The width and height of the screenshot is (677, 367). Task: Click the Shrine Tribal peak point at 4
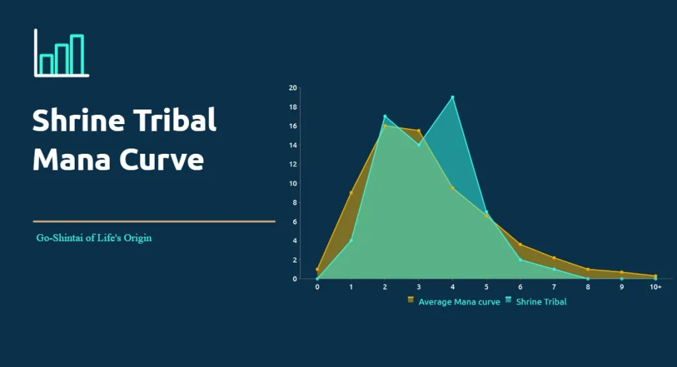(452, 98)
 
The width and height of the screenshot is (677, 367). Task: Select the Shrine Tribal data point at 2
(385, 117)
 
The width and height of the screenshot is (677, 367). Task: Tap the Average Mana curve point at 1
(351, 193)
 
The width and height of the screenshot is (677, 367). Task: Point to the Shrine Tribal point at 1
(351, 240)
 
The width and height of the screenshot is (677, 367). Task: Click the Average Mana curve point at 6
(520, 244)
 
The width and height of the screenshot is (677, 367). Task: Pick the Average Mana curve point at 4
(452, 188)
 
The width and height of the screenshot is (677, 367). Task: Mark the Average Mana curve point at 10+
(655, 276)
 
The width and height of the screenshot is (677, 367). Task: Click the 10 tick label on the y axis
(292, 183)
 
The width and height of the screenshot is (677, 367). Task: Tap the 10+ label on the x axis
(655, 287)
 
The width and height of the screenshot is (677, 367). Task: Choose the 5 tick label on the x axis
(487, 287)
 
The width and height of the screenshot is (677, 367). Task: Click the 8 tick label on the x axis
(588, 287)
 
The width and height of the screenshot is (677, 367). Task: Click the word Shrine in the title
(75, 121)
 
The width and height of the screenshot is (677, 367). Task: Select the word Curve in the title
(162, 159)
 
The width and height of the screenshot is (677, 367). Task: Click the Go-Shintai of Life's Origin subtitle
(94, 238)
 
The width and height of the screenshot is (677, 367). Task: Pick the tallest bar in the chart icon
(77, 55)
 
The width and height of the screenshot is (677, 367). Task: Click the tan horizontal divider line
(154, 222)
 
